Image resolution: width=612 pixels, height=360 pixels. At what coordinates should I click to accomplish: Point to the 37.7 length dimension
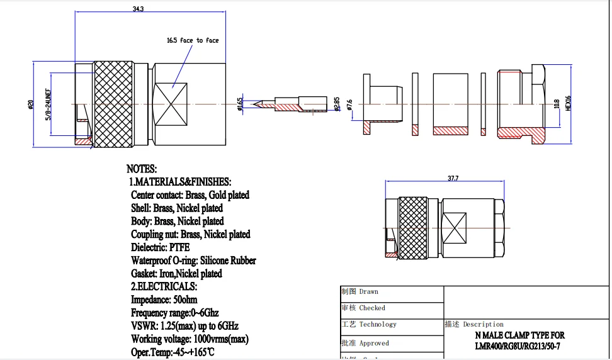tap(453, 179)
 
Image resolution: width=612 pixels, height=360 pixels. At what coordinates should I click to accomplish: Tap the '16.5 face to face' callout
tap(193, 40)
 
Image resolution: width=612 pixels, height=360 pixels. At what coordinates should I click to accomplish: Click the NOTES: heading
tap(142, 169)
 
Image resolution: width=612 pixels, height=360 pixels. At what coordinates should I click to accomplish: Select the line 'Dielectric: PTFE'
tap(160, 247)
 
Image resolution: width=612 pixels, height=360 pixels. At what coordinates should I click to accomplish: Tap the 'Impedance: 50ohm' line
tap(164, 300)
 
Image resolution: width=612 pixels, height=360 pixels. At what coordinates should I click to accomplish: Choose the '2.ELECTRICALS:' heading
tap(162, 286)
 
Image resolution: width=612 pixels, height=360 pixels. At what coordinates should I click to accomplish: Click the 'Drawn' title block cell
tap(369, 292)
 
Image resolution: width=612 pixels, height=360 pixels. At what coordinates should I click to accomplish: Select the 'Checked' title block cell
tap(372, 308)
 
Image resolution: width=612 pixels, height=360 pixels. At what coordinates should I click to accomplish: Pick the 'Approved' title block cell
tap(374, 344)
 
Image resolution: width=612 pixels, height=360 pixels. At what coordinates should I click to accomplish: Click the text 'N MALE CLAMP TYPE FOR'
tap(520, 336)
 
